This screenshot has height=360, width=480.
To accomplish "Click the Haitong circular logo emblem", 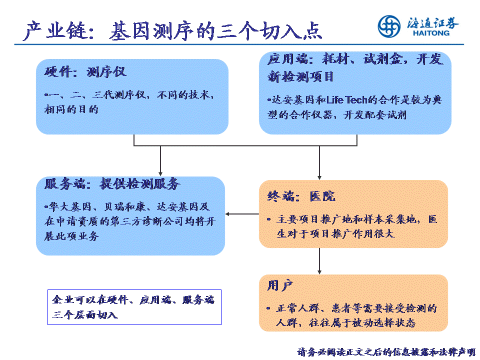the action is pyautogui.click(x=389, y=26).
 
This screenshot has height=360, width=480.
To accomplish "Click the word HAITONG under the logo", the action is pyautogui.click(x=431, y=33).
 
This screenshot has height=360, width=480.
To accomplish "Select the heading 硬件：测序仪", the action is pyautogui.click(x=85, y=72).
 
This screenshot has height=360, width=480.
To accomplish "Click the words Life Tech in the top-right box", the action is pyautogui.click(x=347, y=100).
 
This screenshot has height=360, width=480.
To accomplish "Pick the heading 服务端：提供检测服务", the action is pyautogui.click(x=112, y=184).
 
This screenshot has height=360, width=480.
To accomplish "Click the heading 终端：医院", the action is pyautogui.click(x=301, y=196).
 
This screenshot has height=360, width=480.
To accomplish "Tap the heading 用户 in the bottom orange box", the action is pyautogui.click(x=280, y=286).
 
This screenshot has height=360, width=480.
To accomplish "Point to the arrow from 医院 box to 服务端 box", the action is pyautogui.click(x=242, y=214).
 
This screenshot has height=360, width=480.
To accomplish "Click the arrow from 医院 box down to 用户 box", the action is pyautogui.click(x=319, y=261).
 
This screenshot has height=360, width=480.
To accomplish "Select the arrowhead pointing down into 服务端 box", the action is pyautogui.click(x=160, y=174).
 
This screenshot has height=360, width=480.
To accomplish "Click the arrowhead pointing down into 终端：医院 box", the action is pyautogui.click(x=319, y=177).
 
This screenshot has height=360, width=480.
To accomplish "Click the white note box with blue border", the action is pyautogui.click(x=134, y=307).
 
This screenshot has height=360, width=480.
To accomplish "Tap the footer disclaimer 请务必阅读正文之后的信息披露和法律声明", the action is pyautogui.click(x=386, y=352).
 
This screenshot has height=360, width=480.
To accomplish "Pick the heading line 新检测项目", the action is pyautogui.click(x=300, y=76).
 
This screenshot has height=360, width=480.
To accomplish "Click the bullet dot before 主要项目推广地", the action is pyautogui.click(x=269, y=219).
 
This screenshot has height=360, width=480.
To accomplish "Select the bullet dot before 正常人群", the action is pyautogui.click(x=268, y=308).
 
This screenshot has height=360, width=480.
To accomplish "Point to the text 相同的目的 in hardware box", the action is pyautogui.click(x=71, y=109).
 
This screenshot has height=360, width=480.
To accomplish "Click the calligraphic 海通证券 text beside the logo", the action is pyautogui.click(x=432, y=22).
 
